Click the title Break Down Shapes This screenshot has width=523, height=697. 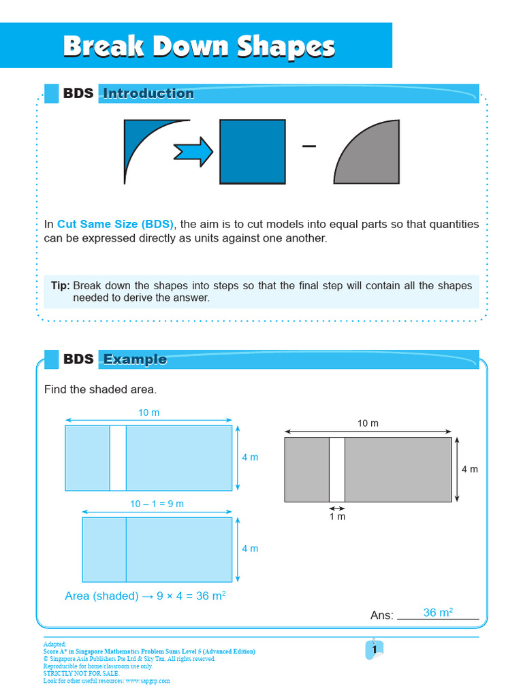(199, 47)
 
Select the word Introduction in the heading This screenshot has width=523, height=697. (148, 94)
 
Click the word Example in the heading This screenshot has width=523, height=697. (135, 359)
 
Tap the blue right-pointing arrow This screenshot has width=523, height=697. (193, 151)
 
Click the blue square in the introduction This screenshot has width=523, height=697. (252, 151)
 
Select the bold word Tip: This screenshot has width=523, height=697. (60, 286)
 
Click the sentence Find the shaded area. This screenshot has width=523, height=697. (100, 390)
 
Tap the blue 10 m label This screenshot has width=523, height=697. (148, 413)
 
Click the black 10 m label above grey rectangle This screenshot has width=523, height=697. (368, 423)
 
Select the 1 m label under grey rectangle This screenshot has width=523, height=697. (337, 517)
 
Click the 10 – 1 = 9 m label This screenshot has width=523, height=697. (157, 504)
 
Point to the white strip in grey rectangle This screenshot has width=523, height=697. (337, 470)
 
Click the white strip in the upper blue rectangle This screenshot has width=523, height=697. (118, 458)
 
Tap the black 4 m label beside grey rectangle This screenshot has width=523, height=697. (470, 469)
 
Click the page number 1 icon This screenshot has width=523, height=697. (374, 650)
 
